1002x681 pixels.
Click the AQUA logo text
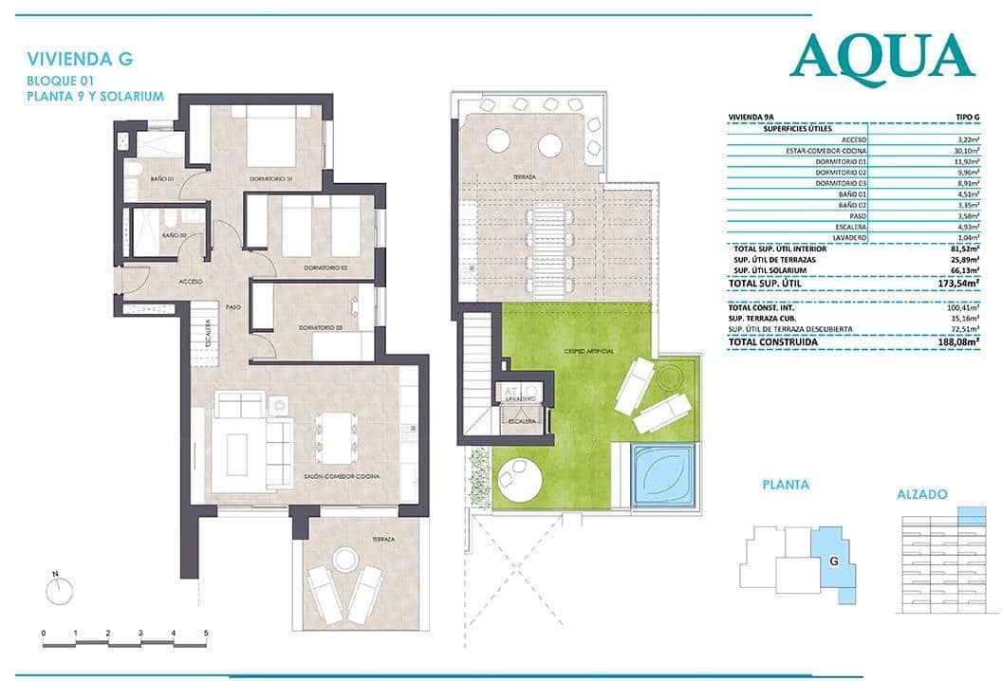[x=881, y=56]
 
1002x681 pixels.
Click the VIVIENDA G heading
[x=80, y=59]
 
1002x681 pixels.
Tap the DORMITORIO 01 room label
[x=270, y=178]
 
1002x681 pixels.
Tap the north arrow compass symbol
[x=59, y=590]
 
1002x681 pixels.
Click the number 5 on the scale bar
[x=205, y=632]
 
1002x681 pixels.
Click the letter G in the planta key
[x=833, y=561]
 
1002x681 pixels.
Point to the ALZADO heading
[x=921, y=495]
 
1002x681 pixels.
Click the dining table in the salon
[x=333, y=437]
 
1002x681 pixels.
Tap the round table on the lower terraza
[x=345, y=559]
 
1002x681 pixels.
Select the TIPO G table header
[x=964, y=117]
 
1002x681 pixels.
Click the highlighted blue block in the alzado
[x=972, y=515]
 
